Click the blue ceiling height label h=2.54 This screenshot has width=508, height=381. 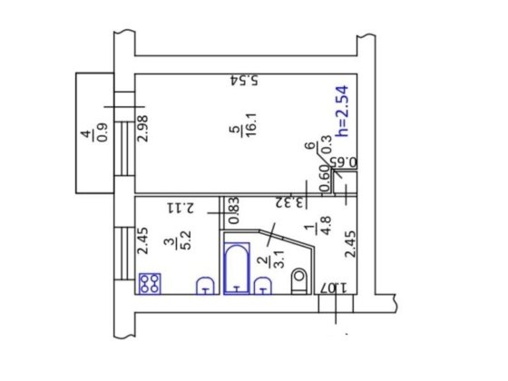[343, 111]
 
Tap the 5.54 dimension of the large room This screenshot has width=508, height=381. [245, 80]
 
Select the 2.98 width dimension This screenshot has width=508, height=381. [143, 129]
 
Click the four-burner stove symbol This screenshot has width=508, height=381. [150, 283]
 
